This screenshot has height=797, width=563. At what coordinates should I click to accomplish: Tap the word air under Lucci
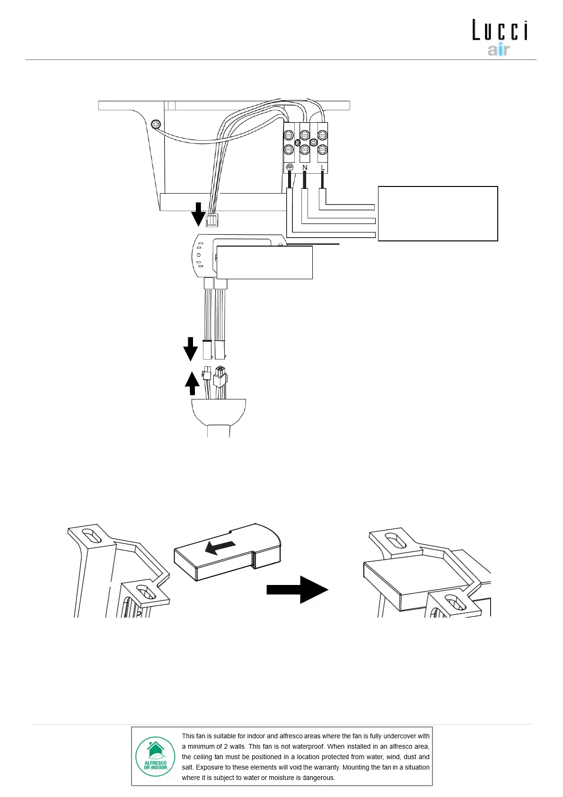pyautogui.click(x=499, y=50)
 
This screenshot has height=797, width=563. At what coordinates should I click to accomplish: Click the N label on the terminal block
pyautogui.click(x=305, y=168)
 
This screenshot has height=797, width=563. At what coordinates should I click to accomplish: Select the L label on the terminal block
pyautogui.click(x=323, y=168)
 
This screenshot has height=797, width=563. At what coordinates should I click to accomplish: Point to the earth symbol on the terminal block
pyautogui.click(x=290, y=167)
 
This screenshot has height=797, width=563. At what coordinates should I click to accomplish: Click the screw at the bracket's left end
pyautogui.click(x=156, y=124)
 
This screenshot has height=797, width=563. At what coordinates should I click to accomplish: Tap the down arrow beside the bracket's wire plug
pyautogui.click(x=199, y=214)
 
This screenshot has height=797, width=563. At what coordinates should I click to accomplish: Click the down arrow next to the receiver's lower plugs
pyautogui.click(x=191, y=349)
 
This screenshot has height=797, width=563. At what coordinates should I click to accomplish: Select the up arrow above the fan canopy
pyautogui.click(x=192, y=383)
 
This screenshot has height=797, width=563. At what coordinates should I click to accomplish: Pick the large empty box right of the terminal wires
pyautogui.click(x=438, y=213)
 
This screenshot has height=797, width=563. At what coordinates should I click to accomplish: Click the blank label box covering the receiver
pyautogui.click(x=264, y=262)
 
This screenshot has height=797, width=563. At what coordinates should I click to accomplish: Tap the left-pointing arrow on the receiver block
pyautogui.click(x=220, y=548)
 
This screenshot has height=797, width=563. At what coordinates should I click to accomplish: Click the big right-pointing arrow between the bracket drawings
pyautogui.click(x=297, y=589)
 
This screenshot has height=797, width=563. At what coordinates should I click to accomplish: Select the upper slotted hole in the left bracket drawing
pyautogui.click(x=91, y=536)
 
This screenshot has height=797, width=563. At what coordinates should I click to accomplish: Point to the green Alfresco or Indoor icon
pyautogui.click(x=155, y=756)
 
